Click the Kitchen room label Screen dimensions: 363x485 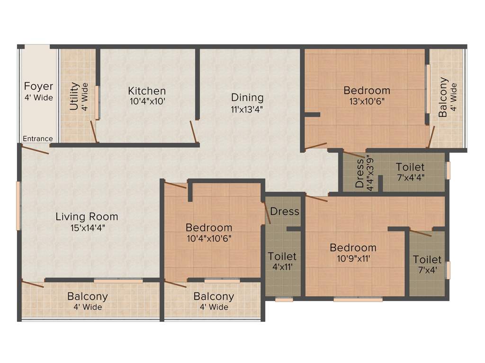(147, 91)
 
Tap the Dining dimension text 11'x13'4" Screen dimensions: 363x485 (247, 109)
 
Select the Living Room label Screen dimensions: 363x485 (87, 217)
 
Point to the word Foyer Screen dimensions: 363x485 (38, 86)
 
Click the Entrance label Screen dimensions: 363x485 (38, 138)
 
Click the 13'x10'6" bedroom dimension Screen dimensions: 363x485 (367, 101)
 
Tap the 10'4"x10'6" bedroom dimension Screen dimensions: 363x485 (209, 238)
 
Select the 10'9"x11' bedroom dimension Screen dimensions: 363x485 (353, 259)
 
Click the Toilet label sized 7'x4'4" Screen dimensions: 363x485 (410, 167)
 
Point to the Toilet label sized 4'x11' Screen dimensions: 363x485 (282, 256)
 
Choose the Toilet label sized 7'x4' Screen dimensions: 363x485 (427, 259)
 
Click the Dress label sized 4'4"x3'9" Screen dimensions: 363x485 (359, 173)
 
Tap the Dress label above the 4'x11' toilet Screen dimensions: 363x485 (285, 211)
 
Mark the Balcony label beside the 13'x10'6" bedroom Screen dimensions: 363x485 (443, 97)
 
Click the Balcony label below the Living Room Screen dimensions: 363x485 (87, 297)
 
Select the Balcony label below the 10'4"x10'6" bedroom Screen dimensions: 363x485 (214, 296)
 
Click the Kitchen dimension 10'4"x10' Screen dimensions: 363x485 (147, 101)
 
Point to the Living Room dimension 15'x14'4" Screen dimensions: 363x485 (87, 227)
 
